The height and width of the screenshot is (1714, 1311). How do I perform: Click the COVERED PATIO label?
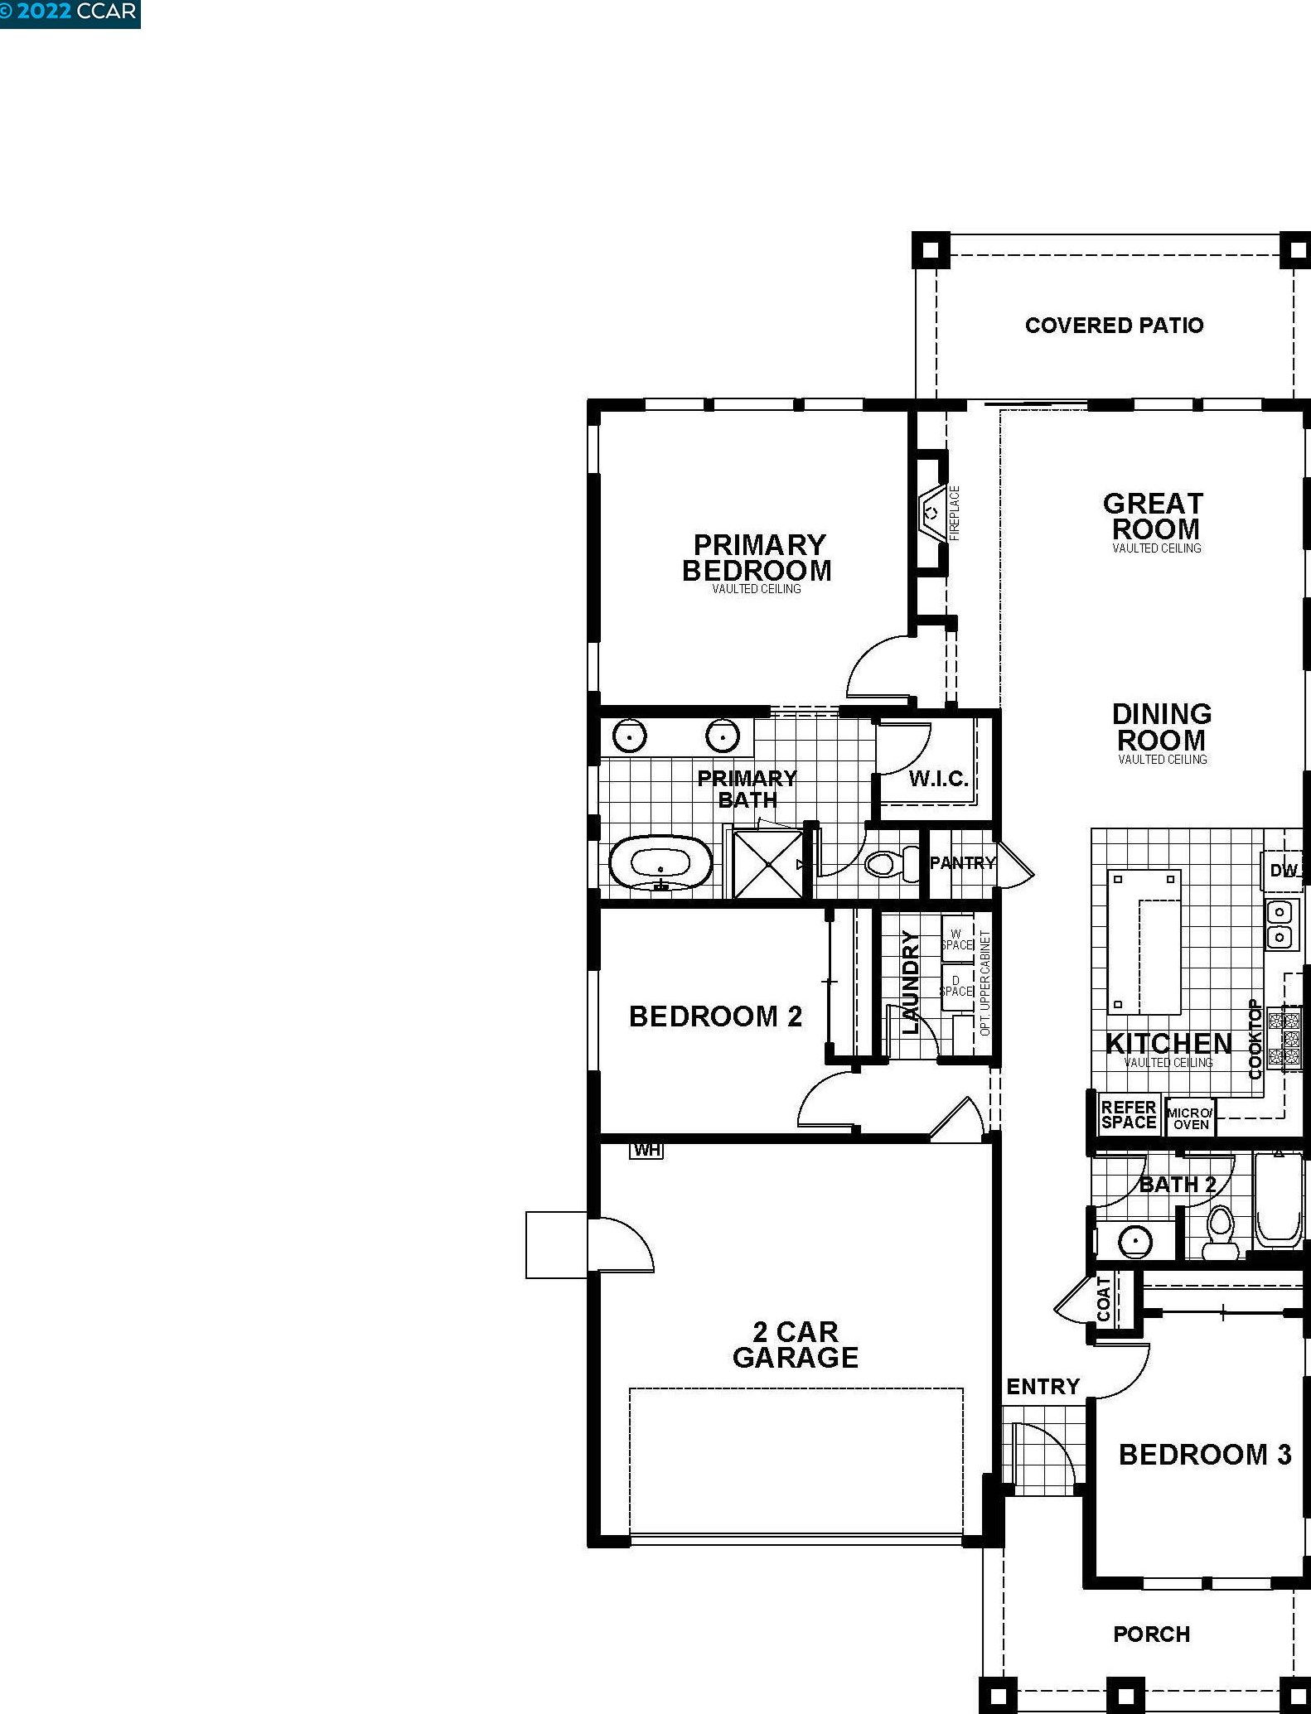[x=1114, y=326]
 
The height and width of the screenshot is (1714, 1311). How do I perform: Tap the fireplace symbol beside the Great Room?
[x=932, y=513]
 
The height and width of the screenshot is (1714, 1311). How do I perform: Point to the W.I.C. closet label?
[x=938, y=779]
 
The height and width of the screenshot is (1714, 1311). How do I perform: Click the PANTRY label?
[x=962, y=862]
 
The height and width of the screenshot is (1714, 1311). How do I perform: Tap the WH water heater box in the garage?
[x=646, y=1150]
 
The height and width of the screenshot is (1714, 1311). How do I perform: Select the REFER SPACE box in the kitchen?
[x=1129, y=1115]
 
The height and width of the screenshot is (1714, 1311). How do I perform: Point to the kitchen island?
[x=1144, y=942]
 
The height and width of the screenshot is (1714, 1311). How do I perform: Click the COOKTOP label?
[x=1255, y=1039]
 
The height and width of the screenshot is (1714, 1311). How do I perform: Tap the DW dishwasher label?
[x=1283, y=871]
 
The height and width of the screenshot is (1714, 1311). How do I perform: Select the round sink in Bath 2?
[x=1134, y=1242]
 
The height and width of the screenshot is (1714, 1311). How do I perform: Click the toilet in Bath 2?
[x=1220, y=1232]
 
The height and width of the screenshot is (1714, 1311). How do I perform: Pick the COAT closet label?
[x=1103, y=1299]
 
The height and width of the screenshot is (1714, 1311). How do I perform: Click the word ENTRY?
[x=1043, y=1387]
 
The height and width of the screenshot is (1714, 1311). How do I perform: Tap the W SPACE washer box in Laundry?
[x=956, y=939]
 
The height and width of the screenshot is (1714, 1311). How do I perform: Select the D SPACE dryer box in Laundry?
[x=956, y=987]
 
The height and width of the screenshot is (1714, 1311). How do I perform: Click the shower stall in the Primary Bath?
[x=768, y=864]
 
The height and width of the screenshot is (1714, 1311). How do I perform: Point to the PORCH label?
[x=1151, y=1634]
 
